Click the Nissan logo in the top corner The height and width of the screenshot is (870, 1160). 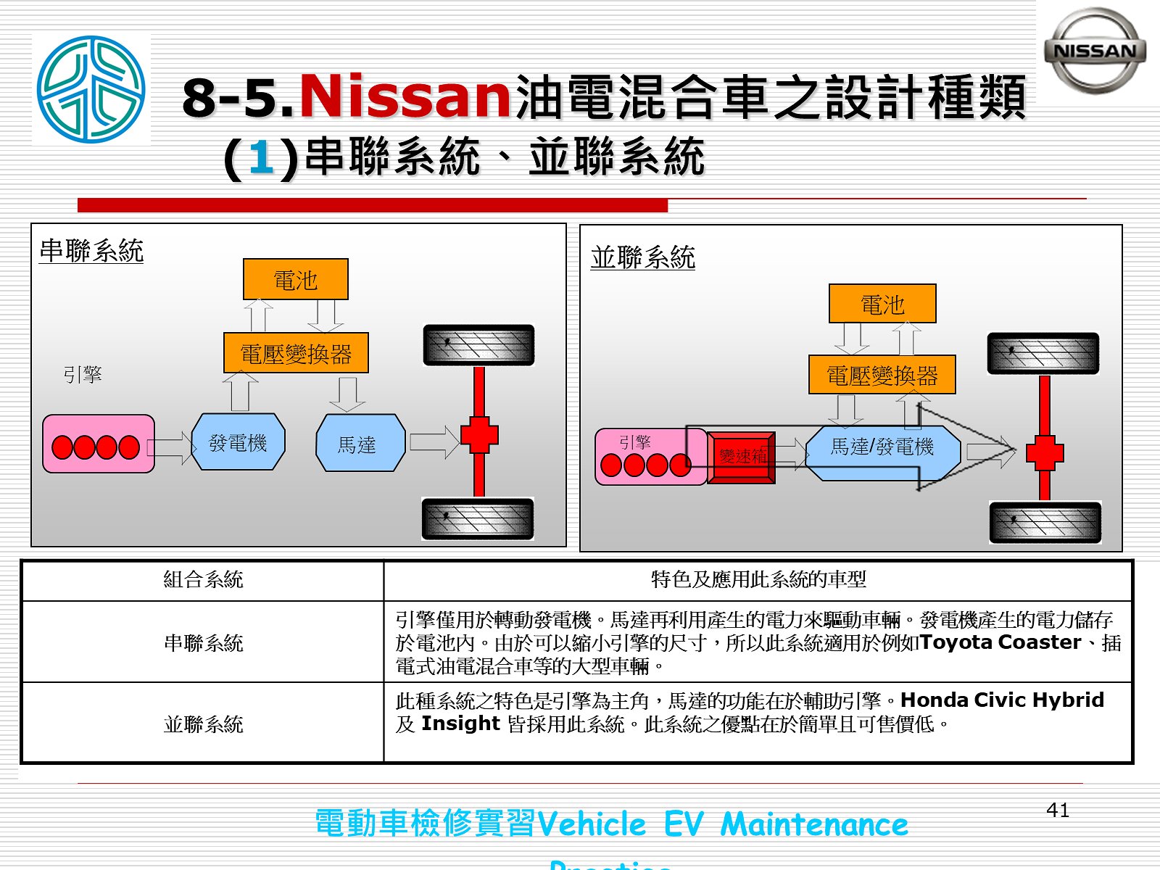[1095, 51]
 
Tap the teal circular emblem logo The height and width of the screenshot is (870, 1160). [91, 89]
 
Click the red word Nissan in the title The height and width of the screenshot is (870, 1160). [405, 96]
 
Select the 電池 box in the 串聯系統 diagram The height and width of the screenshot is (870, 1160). [295, 279]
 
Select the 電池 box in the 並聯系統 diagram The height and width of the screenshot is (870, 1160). [882, 304]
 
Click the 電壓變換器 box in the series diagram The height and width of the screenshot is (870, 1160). [296, 353]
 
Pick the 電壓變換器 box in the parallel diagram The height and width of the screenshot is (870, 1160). [882, 375]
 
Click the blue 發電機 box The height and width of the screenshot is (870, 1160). [238, 442]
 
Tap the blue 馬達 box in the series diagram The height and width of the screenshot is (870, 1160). [360, 443]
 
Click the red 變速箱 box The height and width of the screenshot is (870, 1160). [741, 457]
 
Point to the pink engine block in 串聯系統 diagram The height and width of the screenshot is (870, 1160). [99, 444]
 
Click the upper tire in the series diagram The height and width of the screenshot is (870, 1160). [478, 345]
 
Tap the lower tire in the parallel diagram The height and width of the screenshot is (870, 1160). [1045, 522]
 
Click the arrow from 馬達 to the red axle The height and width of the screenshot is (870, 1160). [434, 442]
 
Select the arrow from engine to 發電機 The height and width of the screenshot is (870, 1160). [173, 444]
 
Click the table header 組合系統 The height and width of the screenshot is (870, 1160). [203, 580]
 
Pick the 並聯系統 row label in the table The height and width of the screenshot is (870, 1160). [203, 724]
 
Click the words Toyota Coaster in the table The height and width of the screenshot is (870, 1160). [1000, 642]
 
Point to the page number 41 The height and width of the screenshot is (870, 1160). [1058, 810]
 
